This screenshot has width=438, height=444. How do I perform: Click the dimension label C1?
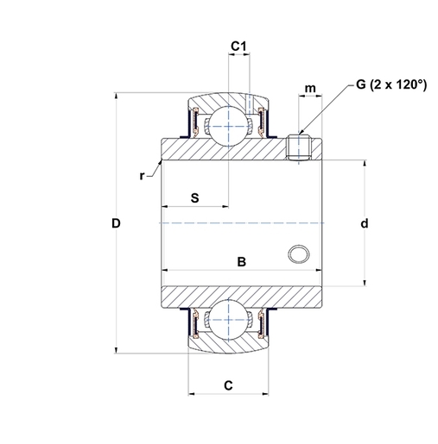[x=239, y=45]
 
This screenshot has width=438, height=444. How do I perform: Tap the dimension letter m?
[x=309, y=90]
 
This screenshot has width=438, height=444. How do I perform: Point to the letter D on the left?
[x=116, y=223]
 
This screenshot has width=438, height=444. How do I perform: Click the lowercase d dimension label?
[x=365, y=223]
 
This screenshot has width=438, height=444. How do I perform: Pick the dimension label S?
[x=194, y=197]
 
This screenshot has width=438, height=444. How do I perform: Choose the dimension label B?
[x=243, y=260]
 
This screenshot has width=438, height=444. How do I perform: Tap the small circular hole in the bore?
[x=299, y=254]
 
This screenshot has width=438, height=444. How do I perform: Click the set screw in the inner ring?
[x=297, y=147]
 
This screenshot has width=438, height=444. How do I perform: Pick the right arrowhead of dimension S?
[x=224, y=207]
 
